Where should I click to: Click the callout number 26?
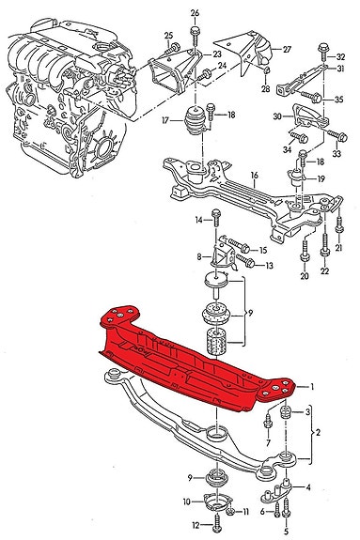tap(195, 12)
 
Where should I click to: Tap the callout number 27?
tap(287, 49)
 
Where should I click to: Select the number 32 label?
tap(340, 57)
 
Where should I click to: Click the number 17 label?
tap(165, 120)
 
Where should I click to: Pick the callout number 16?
tap(253, 175)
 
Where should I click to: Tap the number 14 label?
tap(199, 220)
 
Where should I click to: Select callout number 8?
tap(198, 256)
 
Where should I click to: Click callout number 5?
tap(286, 532)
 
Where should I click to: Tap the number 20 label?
tap(304, 277)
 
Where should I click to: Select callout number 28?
tap(265, 89)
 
